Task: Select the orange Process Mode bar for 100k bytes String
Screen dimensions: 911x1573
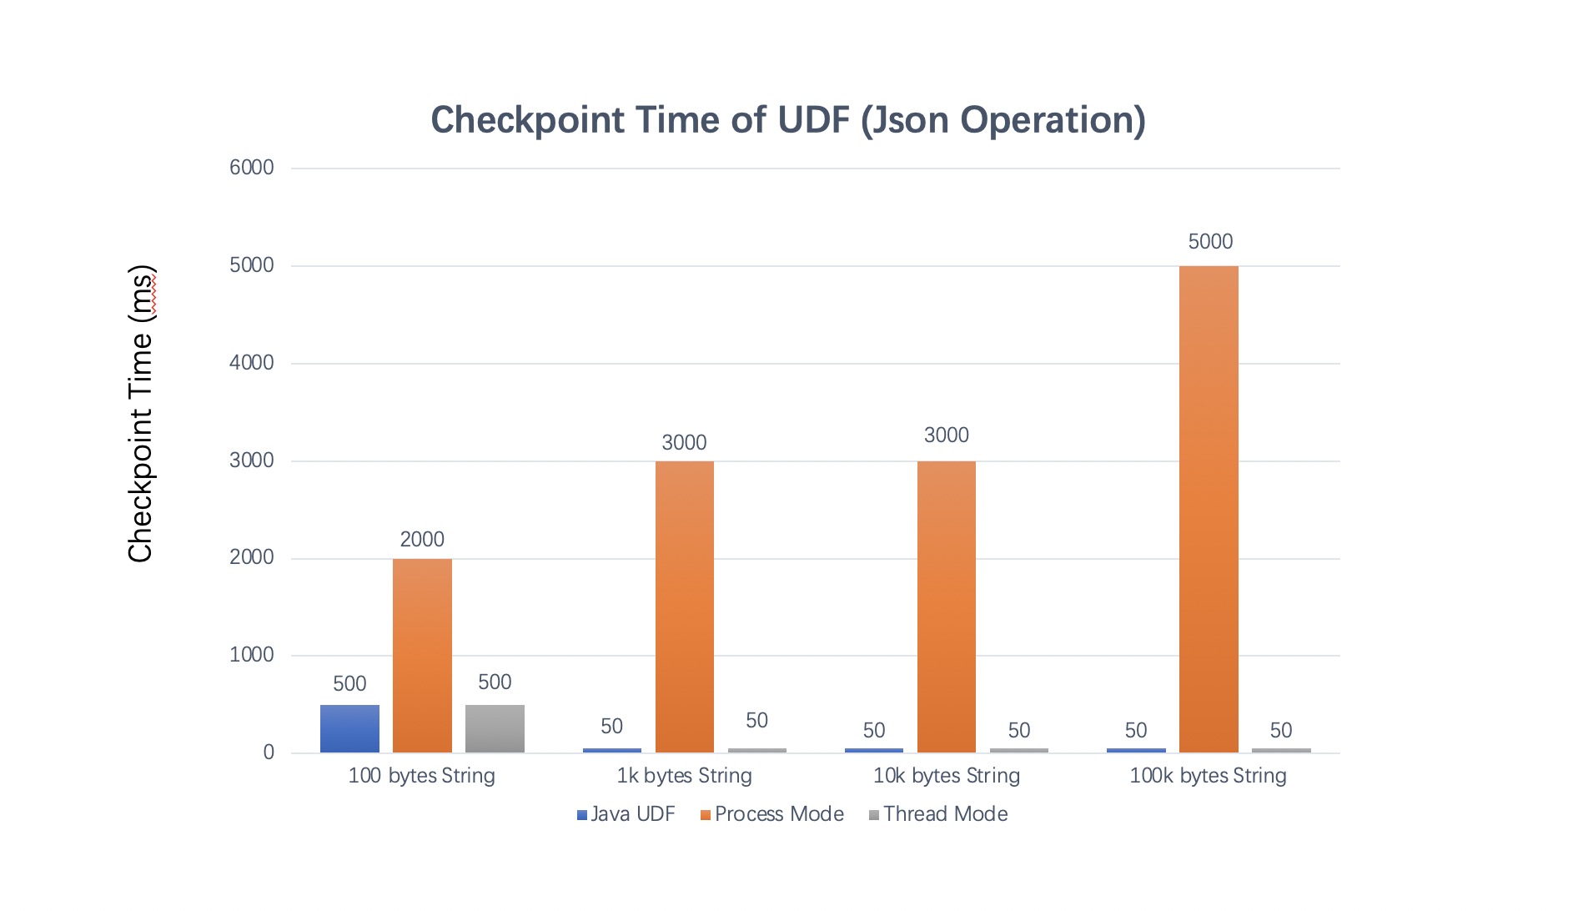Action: (1209, 509)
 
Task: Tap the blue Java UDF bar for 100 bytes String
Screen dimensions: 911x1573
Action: (349, 728)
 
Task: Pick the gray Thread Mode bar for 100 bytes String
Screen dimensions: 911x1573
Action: (495, 728)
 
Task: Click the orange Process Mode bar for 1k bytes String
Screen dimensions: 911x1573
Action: (684, 606)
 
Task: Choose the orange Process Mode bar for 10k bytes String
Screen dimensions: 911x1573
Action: (946, 606)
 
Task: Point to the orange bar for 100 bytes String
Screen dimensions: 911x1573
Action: (422, 655)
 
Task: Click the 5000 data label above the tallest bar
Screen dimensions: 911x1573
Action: (1209, 242)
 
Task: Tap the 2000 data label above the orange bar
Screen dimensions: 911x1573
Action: (422, 540)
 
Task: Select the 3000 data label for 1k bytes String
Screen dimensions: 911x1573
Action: (684, 443)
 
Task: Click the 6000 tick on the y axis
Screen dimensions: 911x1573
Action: (252, 168)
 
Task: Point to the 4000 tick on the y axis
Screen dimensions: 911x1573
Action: (252, 363)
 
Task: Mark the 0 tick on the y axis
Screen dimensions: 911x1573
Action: (269, 752)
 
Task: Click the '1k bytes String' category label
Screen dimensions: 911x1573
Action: (684, 776)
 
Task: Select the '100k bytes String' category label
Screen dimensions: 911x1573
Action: (1208, 776)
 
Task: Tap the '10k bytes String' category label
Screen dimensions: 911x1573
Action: (946, 776)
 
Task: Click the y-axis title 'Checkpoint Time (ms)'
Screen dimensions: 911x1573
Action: (141, 414)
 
